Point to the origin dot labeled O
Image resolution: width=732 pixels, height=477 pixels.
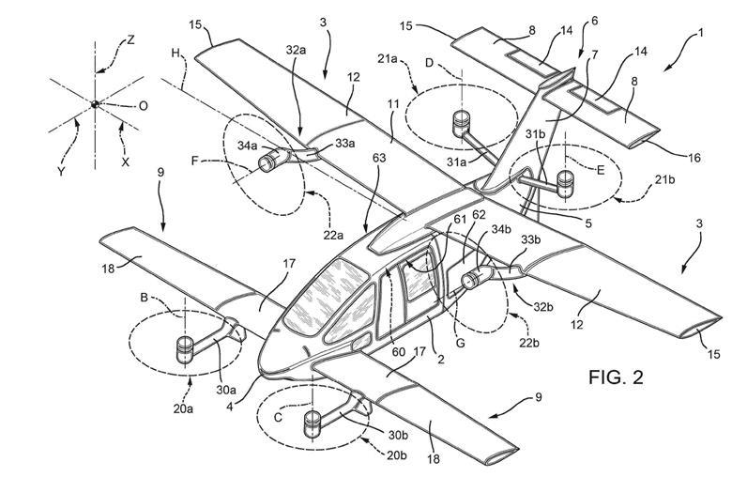tap(95, 104)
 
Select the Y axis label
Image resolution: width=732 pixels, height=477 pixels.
tap(61, 172)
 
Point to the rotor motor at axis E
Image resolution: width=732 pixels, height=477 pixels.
tap(565, 179)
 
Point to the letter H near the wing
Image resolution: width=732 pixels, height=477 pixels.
tap(175, 54)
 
